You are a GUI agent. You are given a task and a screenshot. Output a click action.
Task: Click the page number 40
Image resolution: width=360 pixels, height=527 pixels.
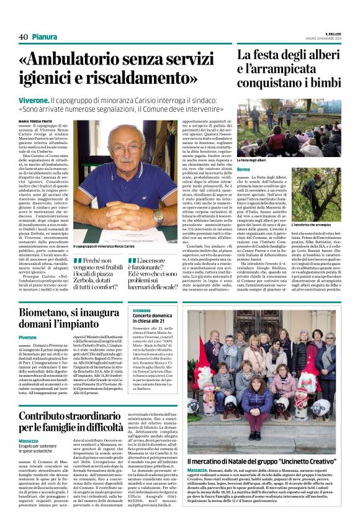(23, 37)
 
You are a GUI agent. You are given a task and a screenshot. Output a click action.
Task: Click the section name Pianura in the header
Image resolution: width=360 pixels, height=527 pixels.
(45, 37)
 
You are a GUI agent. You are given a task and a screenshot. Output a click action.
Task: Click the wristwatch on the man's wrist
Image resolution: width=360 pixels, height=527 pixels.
(158, 215)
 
